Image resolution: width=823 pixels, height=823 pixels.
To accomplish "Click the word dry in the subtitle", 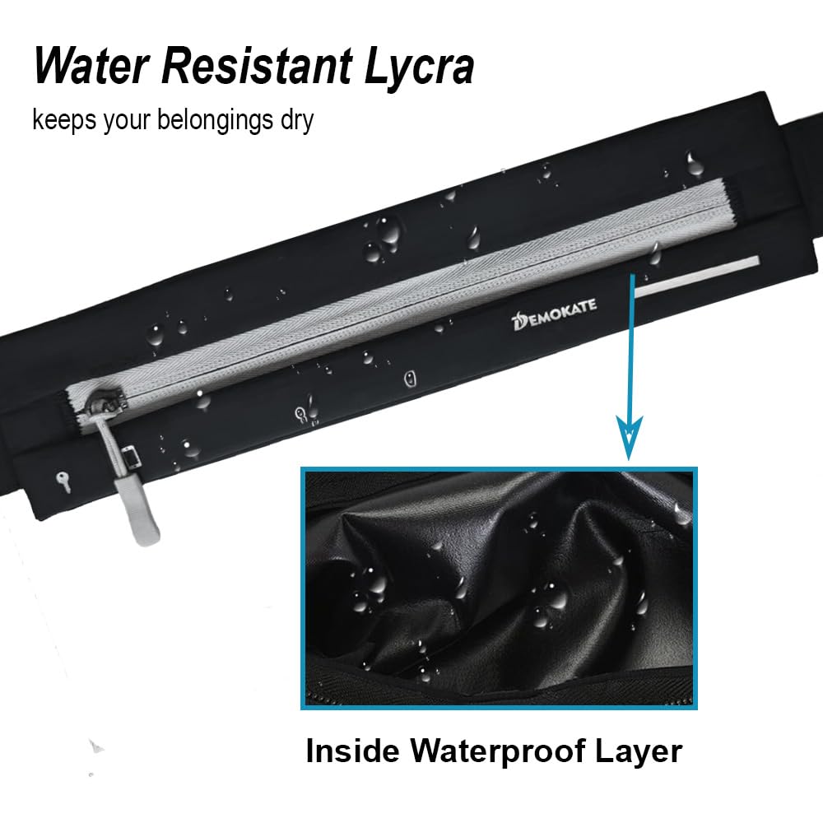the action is click(x=295, y=121).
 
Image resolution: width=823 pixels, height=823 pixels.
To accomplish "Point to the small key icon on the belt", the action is click(x=63, y=481).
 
